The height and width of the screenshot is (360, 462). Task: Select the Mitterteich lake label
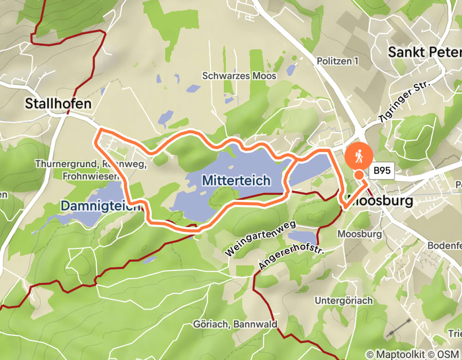[x=236, y=181]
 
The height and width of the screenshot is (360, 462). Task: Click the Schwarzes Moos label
[x=239, y=76]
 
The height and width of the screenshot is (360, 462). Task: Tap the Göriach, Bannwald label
[x=235, y=325]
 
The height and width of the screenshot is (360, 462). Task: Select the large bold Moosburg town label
[x=381, y=201]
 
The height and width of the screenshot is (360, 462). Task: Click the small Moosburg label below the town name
[x=360, y=234]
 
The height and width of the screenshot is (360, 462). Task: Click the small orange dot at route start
[x=359, y=175]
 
